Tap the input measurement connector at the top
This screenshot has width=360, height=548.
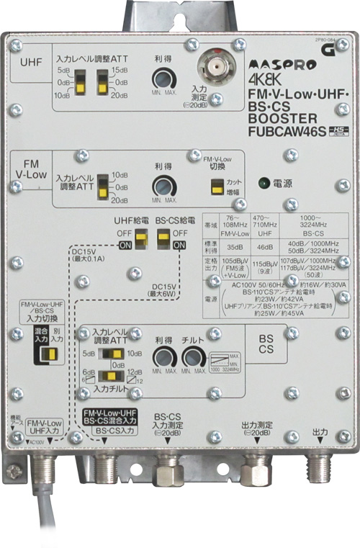(x=212, y=71)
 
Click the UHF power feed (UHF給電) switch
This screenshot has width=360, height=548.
(x=141, y=237)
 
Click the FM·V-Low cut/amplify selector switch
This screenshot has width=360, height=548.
(x=215, y=187)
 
